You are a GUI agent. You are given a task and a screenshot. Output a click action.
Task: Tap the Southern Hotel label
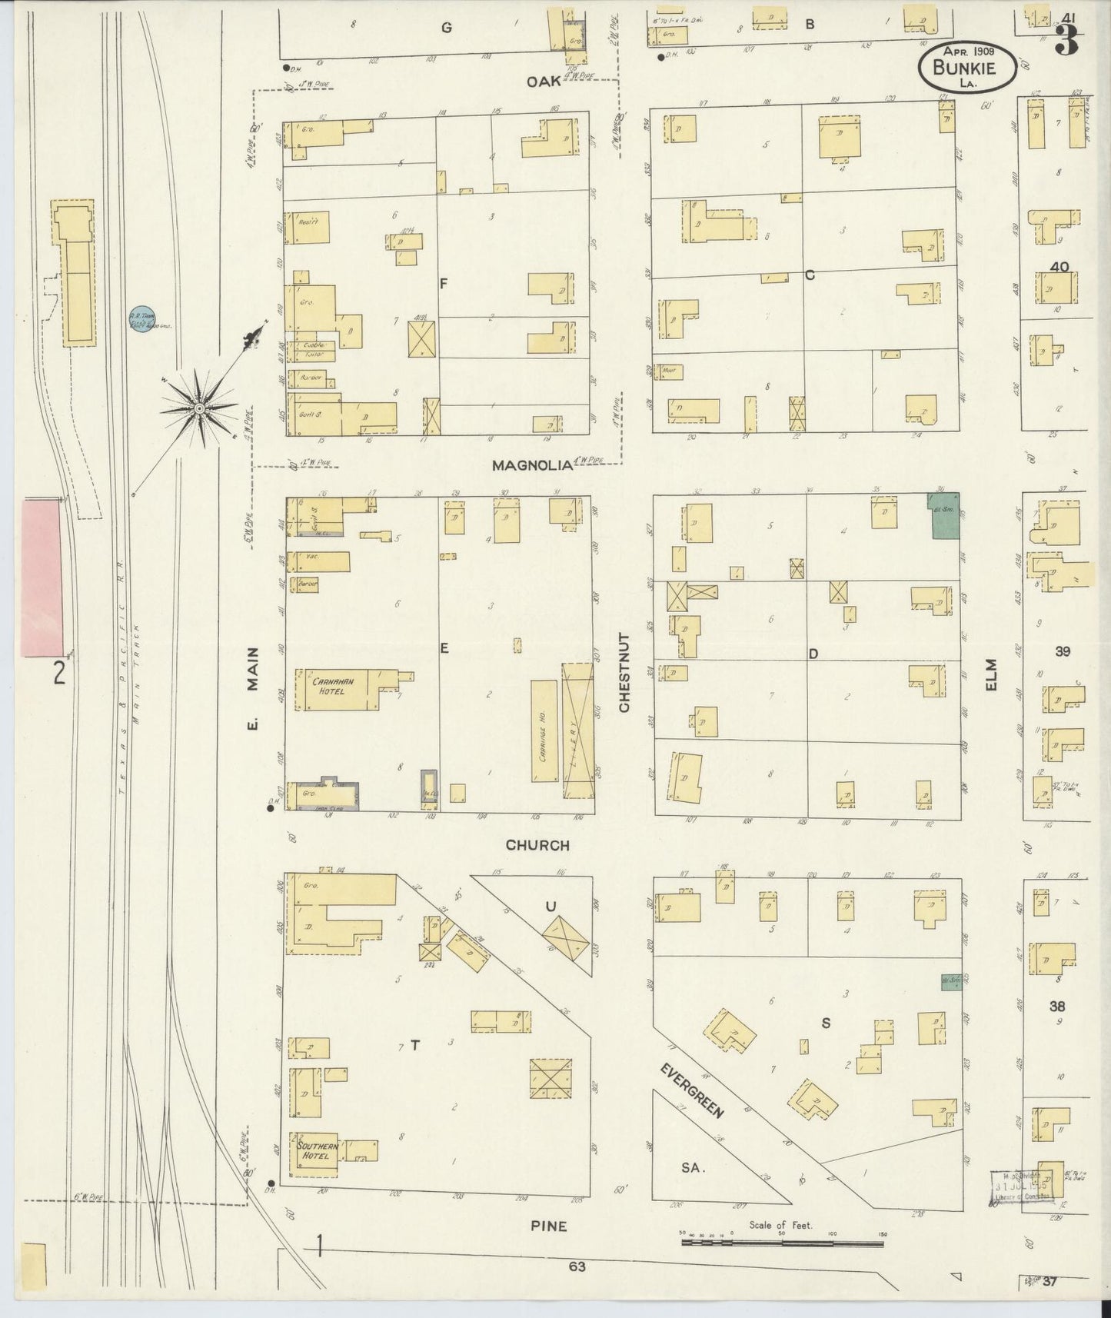coord(314,1150)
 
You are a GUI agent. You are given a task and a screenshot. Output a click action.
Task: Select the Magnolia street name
coord(533,465)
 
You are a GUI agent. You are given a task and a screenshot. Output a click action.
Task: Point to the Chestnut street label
coord(624,673)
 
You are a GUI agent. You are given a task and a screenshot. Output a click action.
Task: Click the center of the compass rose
coord(200,408)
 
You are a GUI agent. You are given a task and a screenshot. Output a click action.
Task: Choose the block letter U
coord(551,907)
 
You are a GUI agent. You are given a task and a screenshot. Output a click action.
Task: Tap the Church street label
coord(537,845)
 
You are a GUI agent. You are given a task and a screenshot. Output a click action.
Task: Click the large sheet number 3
coord(1067,40)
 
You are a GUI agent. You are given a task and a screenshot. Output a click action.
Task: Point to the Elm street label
coord(991,674)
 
